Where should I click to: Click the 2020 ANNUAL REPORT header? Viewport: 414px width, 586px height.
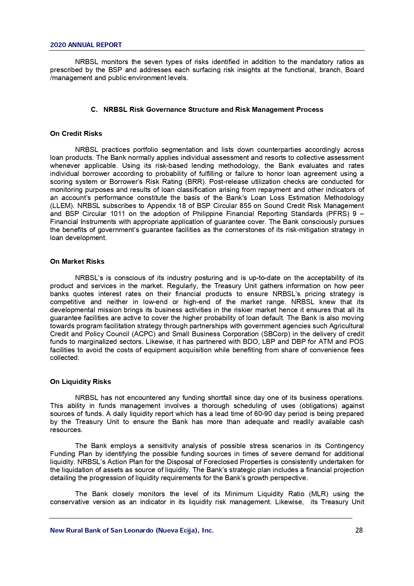pos(86,45)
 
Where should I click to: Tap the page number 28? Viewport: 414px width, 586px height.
pos(359,530)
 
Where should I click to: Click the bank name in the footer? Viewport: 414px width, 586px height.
pos(132,530)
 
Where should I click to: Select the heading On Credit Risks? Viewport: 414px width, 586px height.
pos(76,134)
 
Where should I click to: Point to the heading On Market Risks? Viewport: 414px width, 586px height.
pos(77,261)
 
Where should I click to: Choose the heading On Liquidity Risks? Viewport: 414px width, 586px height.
pos(80,382)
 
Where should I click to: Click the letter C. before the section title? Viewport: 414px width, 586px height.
pos(94,110)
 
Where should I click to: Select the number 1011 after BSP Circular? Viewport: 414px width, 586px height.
pos(118,214)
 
